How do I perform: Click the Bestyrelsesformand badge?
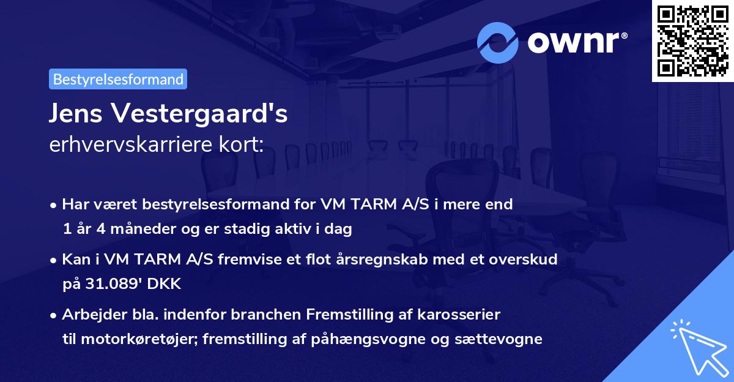point(118,79)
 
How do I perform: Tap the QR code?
point(692,40)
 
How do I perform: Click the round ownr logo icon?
point(498,43)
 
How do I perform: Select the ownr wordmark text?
point(576,43)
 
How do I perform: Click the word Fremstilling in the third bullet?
point(347,314)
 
